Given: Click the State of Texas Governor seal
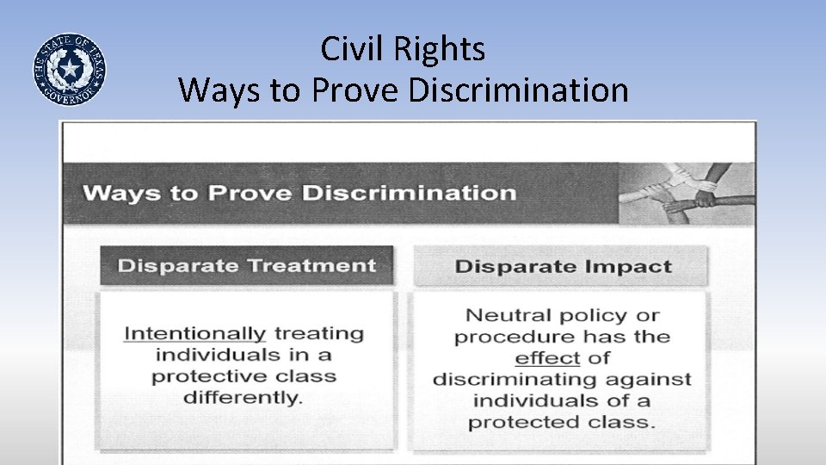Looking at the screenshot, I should (x=69, y=69).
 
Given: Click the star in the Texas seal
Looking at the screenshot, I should (x=69, y=68).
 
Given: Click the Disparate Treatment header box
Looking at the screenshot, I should (x=247, y=265).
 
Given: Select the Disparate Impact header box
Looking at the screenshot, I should (x=563, y=266).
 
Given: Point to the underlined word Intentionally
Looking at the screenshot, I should (x=194, y=333).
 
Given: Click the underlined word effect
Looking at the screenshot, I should (x=547, y=357).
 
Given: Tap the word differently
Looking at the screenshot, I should (x=243, y=397).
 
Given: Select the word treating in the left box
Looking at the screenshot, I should (x=318, y=333).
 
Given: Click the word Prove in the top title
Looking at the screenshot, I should (x=354, y=90).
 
